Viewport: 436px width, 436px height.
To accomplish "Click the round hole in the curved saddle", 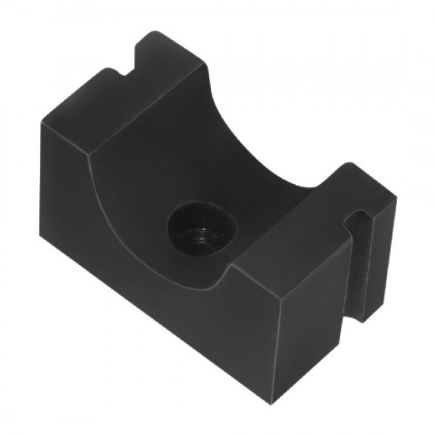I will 202,229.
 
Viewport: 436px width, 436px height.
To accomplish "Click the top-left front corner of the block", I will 41,125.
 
